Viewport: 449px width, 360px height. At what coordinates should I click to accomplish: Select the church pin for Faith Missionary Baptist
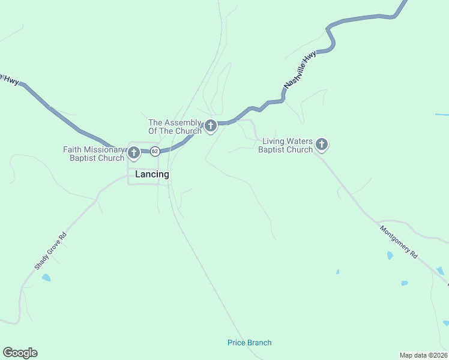[x=134, y=154]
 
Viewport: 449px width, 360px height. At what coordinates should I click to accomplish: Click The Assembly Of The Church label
[x=175, y=127]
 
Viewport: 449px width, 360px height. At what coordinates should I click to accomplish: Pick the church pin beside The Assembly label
[x=210, y=126]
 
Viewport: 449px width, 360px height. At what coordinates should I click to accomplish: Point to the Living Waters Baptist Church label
[x=286, y=145]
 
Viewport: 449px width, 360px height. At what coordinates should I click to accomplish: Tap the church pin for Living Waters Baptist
[x=322, y=144]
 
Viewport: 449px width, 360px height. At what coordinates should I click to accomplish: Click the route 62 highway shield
[x=155, y=151]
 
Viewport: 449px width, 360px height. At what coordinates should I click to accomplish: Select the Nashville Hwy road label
[x=300, y=71]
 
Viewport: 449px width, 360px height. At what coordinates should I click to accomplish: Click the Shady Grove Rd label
[x=50, y=250]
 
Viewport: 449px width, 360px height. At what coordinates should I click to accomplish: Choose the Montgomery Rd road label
[x=398, y=241]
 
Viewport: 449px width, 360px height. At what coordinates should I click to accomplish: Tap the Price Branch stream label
[x=249, y=343]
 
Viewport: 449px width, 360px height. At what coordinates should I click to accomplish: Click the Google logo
[x=20, y=353]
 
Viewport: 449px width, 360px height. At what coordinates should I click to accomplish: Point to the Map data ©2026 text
[x=423, y=355]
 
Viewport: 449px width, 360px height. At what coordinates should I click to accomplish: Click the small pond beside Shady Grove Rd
[x=46, y=278]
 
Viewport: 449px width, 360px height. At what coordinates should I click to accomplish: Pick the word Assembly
[x=184, y=122]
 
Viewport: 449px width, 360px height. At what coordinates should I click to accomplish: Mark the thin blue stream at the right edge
[x=442, y=114]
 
